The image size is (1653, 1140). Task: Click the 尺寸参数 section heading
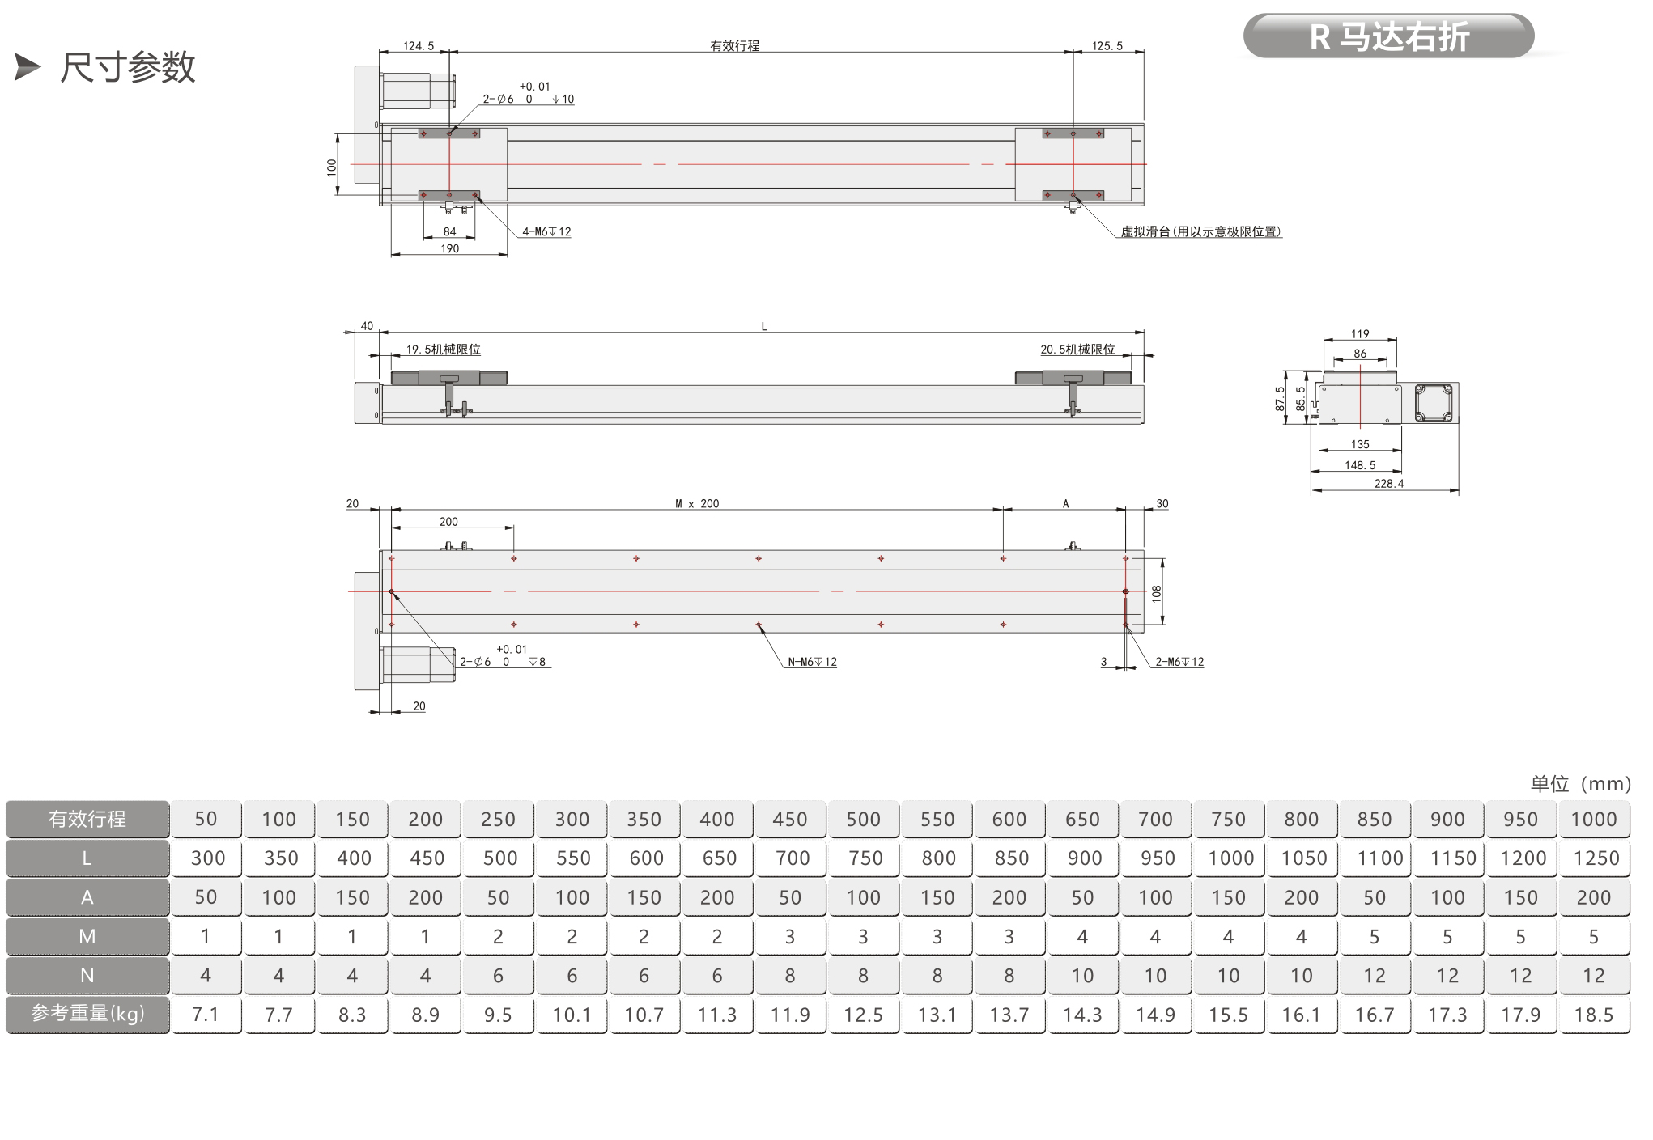point(128,67)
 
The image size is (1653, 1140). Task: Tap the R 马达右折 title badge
point(1388,36)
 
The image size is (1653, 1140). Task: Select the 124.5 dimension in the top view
point(419,46)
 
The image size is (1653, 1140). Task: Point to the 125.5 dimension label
point(1107,46)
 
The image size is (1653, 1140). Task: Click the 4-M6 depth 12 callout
point(546,231)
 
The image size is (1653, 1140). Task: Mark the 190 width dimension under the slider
point(449,248)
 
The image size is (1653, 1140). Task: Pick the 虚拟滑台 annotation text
point(1201,231)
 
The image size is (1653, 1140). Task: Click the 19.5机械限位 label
point(443,350)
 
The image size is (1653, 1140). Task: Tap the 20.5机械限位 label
point(1077,350)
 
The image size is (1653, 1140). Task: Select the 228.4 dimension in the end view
point(1389,484)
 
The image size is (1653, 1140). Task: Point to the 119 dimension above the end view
point(1360,334)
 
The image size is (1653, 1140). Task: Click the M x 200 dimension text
point(697,503)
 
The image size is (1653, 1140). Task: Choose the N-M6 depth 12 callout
point(813,662)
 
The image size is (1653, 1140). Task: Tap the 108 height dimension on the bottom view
point(1157,593)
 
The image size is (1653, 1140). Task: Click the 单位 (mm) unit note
point(1580,783)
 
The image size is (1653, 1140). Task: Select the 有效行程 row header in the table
point(87,819)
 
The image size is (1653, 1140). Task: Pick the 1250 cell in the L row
point(1595,858)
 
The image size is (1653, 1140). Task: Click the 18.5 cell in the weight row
point(1595,1015)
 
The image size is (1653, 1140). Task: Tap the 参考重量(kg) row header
point(87,1015)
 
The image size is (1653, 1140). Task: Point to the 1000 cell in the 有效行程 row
point(1595,819)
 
